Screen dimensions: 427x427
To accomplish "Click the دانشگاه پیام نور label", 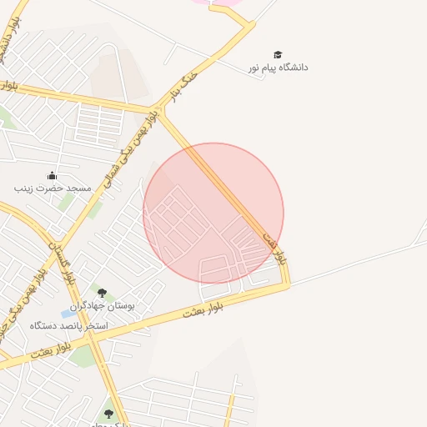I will [x=278, y=67].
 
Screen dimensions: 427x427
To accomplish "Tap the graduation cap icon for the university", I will [x=278, y=54].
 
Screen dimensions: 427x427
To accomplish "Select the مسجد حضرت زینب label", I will [x=51, y=188].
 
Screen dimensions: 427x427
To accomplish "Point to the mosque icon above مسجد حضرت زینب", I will [x=52, y=175].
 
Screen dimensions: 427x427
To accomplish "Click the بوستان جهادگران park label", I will [x=113, y=306].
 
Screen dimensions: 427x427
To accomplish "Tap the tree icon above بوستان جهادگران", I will [x=103, y=293].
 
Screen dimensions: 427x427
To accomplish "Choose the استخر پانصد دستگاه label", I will [x=69, y=324].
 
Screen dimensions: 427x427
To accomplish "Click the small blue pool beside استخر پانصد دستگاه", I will [x=66, y=314].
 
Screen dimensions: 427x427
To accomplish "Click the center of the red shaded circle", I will [x=213, y=213].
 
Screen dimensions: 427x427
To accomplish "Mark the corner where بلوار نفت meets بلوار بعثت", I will [x=288, y=284].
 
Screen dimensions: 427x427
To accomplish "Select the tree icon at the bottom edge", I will [x=108, y=414].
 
